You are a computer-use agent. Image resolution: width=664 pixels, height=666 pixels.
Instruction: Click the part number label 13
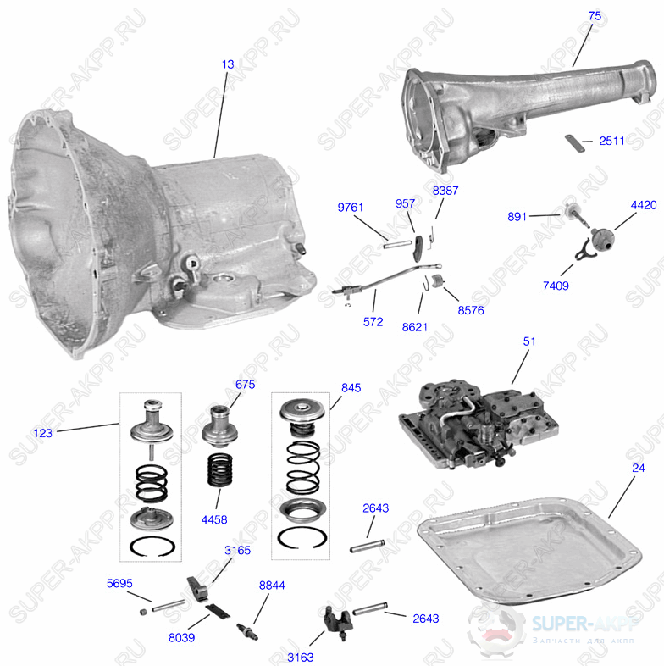coord(228,64)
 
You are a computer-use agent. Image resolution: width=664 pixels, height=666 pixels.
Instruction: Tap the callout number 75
coord(595,16)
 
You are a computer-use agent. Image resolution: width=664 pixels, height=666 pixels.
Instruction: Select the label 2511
coord(611,141)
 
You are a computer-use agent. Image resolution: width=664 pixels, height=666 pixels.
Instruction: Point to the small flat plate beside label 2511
coord(574,142)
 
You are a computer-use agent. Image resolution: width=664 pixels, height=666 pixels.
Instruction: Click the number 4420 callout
coord(644,205)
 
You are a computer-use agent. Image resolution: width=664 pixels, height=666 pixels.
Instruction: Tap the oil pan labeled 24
coord(529,551)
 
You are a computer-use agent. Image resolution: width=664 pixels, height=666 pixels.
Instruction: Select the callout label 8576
coord(471,310)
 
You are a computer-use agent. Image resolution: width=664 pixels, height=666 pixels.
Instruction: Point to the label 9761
coord(351,208)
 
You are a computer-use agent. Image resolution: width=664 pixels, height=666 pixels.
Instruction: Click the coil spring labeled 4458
coord(220,469)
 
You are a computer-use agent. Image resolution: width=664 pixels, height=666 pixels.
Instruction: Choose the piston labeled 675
coord(219,427)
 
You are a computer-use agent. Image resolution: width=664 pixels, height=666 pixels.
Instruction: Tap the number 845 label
coord(351,388)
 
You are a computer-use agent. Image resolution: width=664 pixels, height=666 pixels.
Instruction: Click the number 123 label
coord(43,433)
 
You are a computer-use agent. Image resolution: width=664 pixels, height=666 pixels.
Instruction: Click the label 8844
coord(272,586)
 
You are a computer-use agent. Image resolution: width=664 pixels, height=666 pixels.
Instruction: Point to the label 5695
coord(119,583)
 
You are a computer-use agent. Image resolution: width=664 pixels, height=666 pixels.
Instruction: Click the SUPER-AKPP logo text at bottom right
coord(585,624)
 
